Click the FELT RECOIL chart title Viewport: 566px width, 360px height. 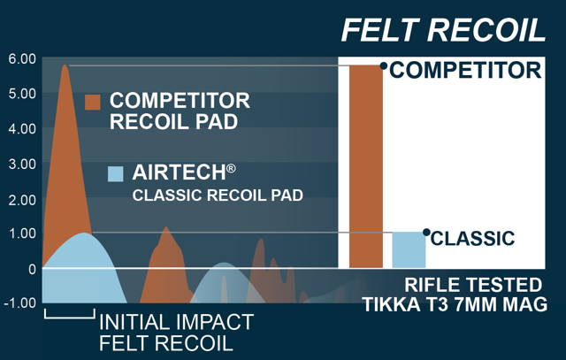(443, 30)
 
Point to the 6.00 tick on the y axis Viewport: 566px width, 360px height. (22, 59)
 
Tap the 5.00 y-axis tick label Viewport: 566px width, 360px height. (22, 94)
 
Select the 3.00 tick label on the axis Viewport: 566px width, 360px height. (22, 165)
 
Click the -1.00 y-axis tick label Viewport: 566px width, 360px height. (19, 303)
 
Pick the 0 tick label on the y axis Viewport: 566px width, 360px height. (32, 269)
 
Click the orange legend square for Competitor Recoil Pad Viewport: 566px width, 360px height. (92, 102)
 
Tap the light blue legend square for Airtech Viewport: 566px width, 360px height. (116, 173)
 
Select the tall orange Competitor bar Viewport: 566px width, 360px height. (366, 166)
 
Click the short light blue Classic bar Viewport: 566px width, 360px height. (409, 249)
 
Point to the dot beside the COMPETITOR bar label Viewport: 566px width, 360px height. (384, 65)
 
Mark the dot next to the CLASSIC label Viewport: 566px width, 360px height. (426, 232)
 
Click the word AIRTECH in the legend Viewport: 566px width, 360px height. (179, 172)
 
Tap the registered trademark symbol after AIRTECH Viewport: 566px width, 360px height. (232, 168)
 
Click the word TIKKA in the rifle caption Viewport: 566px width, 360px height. (392, 304)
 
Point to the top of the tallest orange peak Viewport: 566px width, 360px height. (65, 65)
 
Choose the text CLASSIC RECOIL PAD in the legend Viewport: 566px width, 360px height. (218, 195)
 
